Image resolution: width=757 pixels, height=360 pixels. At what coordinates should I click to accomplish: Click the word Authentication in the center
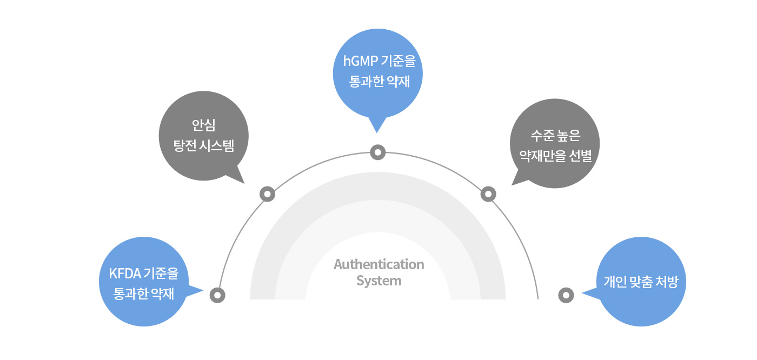378,264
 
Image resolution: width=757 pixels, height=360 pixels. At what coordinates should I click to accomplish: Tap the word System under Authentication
378,281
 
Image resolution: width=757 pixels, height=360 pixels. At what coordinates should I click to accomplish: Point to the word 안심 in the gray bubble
203,126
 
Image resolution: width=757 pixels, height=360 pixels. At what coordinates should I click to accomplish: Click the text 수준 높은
555,136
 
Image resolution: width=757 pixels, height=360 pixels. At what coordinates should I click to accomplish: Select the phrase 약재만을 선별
555,157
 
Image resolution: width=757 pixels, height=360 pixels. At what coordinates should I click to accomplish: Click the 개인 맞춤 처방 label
640,282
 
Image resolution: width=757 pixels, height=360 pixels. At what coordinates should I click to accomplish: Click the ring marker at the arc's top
377,153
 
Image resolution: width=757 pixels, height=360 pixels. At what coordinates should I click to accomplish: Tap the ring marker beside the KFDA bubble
217,295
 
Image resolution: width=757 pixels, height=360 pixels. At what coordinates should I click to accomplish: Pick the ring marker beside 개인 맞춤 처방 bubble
566,295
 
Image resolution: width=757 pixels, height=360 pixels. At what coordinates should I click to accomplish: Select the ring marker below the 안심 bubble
267,194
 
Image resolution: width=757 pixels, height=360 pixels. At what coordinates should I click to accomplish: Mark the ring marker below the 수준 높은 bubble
488,194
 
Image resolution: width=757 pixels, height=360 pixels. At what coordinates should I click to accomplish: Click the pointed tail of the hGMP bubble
377,126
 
